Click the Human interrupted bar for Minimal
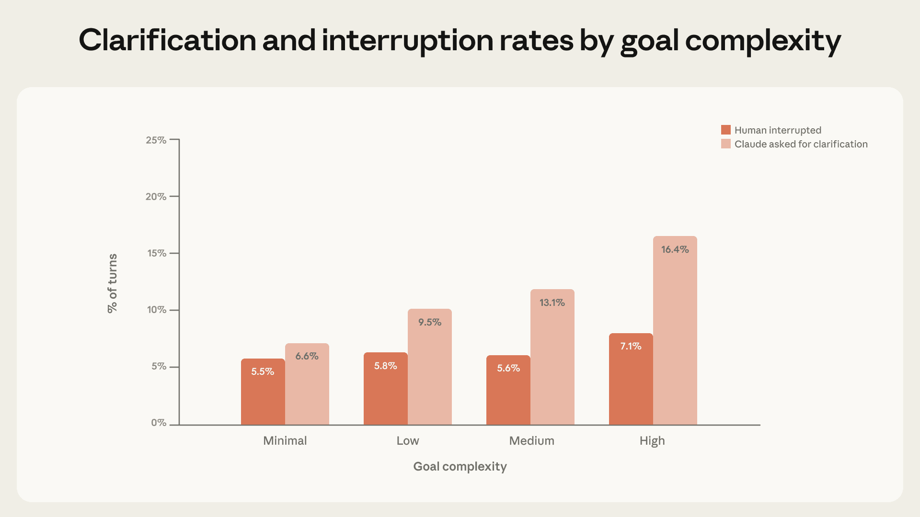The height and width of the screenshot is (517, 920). pyautogui.click(x=263, y=392)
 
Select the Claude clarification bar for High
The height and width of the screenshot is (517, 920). pyautogui.click(x=675, y=330)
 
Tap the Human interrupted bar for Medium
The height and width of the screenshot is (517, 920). pyautogui.click(x=508, y=390)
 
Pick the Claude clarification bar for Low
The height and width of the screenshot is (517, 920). pyautogui.click(x=430, y=367)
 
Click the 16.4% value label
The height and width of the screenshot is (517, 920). pyautogui.click(x=675, y=249)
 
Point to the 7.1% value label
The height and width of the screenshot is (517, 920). pyautogui.click(x=631, y=346)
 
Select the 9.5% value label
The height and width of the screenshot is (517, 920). pyautogui.click(x=430, y=322)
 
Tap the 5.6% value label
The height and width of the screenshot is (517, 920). pyautogui.click(x=508, y=368)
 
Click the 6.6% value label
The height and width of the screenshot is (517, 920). pyautogui.click(x=307, y=356)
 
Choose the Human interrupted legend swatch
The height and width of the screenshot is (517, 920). pyautogui.click(x=726, y=130)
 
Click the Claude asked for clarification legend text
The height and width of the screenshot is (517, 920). pyautogui.click(x=801, y=144)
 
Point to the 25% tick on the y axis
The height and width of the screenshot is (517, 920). pyautogui.click(x=174, y=139)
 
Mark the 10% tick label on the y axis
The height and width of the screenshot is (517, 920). pyautogui.click(x=157, y=310)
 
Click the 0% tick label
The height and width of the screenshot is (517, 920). pyautogui.click(x=159, y=423)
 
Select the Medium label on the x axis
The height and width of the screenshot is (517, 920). pyautogui.click(x=532, y=441)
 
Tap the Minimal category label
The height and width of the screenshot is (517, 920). pyautogui.click(x=285, y=441)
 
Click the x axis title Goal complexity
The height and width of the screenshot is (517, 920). pyautogui.click(x=460, y=467)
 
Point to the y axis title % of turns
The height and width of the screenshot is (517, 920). pyautogui.click(x=113, y=283)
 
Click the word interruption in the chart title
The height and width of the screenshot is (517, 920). pyautogui.click(x=408, y=40)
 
